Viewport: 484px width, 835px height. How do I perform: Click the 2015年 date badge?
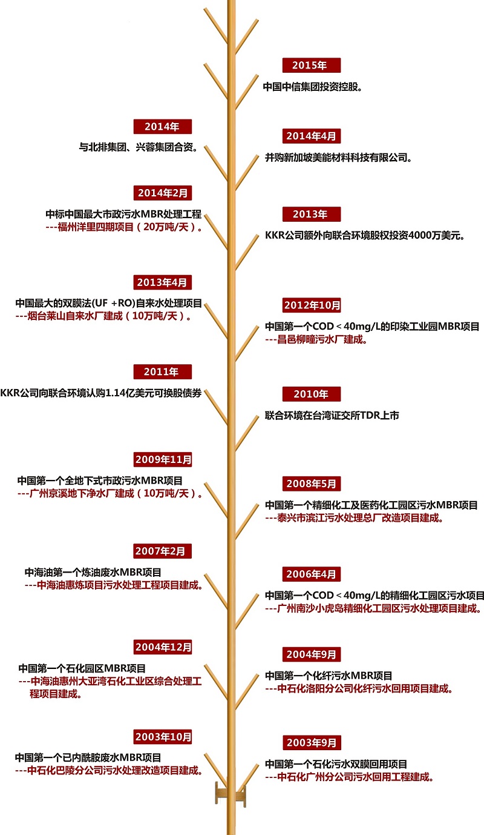(x=311, y=65)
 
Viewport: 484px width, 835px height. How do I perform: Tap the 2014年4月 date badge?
(x=311, y=136)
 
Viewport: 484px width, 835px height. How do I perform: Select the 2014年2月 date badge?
(x=162, y=193)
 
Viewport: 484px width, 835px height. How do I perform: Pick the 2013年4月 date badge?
(x=162, y=282)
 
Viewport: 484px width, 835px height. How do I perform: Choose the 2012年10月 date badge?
(x=311, y=305)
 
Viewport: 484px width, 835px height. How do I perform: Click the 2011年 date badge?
(x=162, y=371)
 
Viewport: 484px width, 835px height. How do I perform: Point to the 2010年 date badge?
(x=311, y=394)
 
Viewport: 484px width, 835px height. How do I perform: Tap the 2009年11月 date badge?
(x=162, y=459)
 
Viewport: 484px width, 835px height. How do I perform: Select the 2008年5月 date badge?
(x=311, y=484)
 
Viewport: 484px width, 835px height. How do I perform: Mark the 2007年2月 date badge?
(x=162, y=551)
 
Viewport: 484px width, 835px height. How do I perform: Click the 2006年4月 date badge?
(x=311, y=574)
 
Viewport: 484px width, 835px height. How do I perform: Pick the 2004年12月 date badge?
(x=162, y=647)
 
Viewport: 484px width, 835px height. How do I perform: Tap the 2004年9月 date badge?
(x=311, y=654)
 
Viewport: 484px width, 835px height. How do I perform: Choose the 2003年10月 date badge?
(x=162, y=737)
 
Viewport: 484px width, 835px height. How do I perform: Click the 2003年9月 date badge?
(x=311, y=742)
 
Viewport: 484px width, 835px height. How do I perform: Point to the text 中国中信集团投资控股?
(x=312, y=87)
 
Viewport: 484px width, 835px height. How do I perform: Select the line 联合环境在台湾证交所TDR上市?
(x=332, y=415)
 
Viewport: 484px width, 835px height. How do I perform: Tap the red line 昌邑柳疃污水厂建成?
(x=316, y=339)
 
